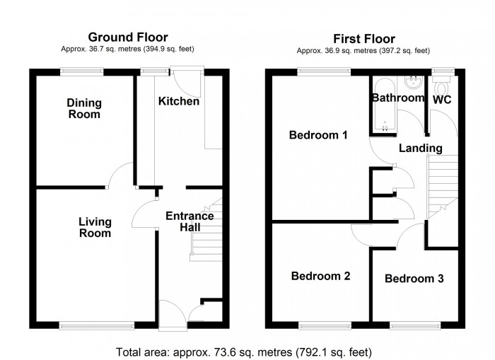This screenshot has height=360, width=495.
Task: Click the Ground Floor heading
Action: point(128,37)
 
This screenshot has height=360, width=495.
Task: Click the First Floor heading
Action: point(364,39)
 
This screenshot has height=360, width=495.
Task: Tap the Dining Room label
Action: point(84,108)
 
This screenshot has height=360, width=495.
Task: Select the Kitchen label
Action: point(179,101)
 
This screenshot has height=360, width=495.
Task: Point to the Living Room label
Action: point(95,227)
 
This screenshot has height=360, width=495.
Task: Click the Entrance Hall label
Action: point(190,221)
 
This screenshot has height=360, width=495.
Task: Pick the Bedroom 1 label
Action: point(318,135)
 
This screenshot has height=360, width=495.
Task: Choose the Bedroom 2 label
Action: point(321,276)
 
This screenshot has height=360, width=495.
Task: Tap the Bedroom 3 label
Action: point(414,279)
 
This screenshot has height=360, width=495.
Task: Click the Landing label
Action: point(421,148)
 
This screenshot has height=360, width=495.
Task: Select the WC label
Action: point(442,100)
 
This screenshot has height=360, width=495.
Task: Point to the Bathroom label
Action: point(398,98)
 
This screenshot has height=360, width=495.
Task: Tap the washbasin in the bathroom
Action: point(414,83)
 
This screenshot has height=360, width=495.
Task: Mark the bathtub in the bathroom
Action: point(385,104)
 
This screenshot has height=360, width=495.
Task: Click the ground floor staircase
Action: point(206,230)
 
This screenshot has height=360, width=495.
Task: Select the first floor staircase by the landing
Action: point(442,187)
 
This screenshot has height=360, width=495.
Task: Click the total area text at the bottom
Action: point(244,352)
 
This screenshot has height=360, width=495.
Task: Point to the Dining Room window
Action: point(82,71)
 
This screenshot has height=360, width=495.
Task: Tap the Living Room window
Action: point(97,325)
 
